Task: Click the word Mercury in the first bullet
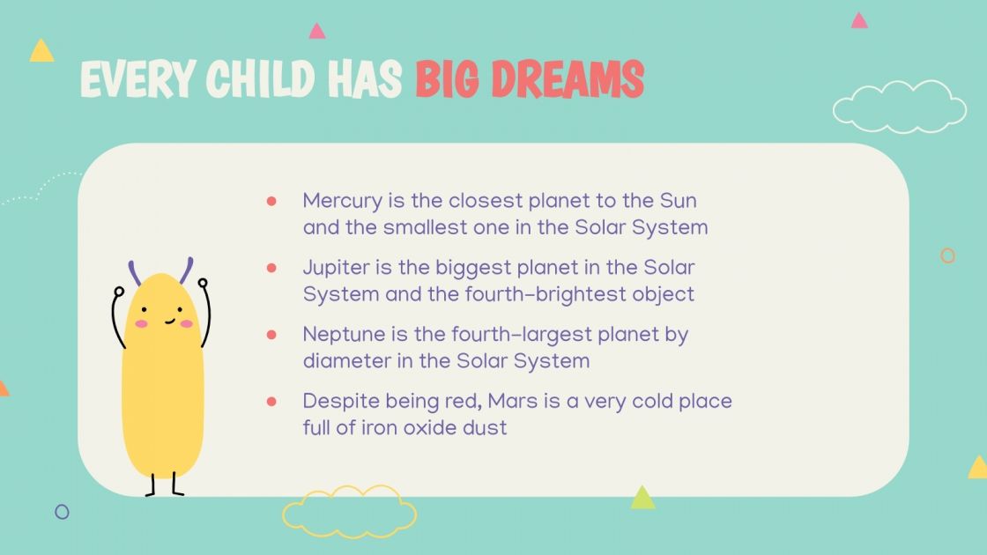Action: coord(342,201)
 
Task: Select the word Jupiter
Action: coord(333,267)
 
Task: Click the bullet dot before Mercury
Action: coord(272,201)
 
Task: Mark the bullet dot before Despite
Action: coord(272,401)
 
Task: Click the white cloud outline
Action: coord(899,107)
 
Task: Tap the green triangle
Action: coord(642,499)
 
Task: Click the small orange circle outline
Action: coord(947,255)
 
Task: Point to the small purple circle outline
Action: coord(62,511)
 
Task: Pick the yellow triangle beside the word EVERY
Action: coord(41,51)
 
